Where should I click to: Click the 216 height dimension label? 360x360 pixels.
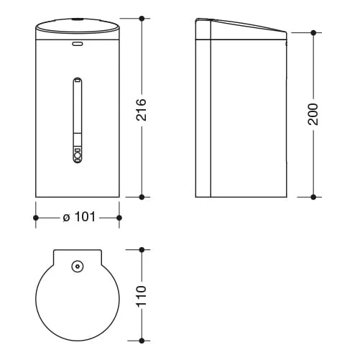point(141,109)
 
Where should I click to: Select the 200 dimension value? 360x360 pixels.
point(313,114)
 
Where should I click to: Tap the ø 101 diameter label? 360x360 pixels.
point(79,217)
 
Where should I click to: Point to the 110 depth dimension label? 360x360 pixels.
point(141,296)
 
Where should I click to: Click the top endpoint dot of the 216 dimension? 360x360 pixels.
point(142,18)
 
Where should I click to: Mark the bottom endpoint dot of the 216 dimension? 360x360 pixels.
point(142,197)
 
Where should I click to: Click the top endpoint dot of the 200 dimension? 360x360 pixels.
point(313,32)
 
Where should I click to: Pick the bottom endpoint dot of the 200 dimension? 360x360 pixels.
point(313,197)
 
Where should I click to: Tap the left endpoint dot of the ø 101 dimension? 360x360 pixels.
point(36,218)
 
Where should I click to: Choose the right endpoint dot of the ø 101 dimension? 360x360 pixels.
point(119,218)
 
